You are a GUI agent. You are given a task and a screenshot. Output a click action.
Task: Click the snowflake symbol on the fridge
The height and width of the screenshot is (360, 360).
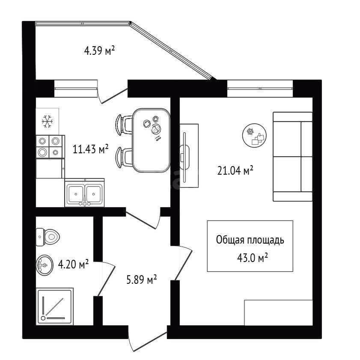48,122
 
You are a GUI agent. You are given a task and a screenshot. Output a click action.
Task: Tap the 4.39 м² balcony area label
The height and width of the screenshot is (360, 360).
99,51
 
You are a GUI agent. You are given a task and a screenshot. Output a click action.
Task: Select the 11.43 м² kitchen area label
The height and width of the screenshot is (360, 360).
90,149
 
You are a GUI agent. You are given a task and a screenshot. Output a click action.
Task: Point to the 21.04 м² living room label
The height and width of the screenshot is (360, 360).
235,171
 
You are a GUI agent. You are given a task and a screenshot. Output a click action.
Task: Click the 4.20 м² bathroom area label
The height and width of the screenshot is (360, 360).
73,264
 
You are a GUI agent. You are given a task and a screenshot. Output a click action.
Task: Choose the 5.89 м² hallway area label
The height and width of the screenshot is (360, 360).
142,280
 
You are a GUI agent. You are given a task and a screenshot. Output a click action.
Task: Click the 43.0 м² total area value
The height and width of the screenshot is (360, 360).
252,258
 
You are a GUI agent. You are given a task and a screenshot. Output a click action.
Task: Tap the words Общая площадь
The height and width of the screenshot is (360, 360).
250,240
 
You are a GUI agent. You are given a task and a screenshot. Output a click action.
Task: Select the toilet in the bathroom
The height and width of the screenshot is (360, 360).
48,237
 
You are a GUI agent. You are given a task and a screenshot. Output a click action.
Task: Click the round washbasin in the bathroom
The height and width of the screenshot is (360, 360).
45,265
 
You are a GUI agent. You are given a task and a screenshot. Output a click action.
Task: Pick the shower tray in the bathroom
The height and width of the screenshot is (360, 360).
55,306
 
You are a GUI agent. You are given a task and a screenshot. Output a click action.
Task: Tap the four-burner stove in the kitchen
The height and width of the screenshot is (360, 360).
49,147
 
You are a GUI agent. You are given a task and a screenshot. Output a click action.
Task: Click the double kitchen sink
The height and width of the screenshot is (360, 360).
84,192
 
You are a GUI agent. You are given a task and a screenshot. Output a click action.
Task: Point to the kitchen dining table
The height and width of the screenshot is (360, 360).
151,140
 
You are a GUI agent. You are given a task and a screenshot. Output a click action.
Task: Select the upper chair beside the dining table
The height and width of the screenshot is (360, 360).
124,125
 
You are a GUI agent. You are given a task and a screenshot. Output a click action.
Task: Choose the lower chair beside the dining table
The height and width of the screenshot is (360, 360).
124,157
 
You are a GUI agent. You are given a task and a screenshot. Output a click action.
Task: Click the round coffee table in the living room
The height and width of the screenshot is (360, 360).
254,135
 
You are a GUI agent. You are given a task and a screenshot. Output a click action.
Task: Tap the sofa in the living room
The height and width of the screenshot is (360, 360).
292,157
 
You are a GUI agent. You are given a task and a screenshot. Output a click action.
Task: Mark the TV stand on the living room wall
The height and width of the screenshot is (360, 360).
189,156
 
